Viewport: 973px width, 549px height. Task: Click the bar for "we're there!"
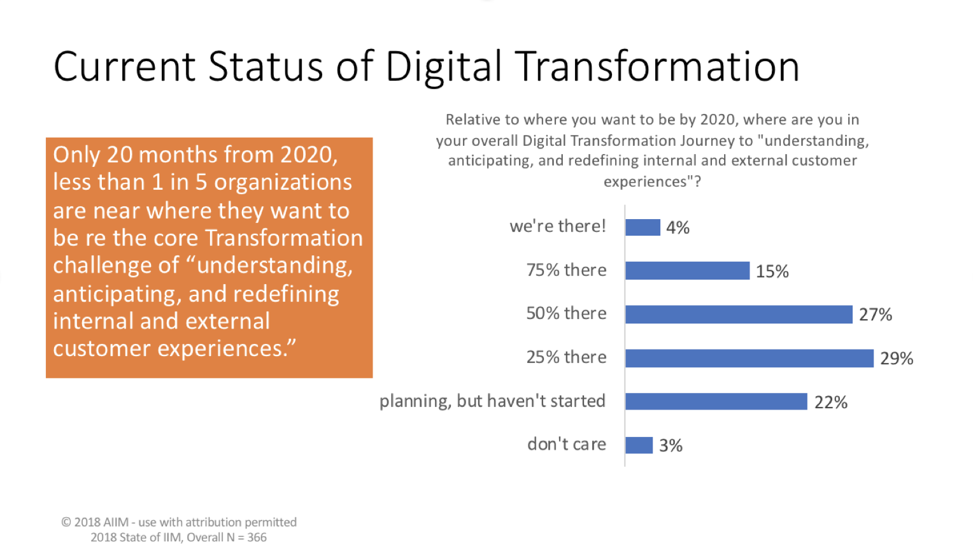(x=643, y=227)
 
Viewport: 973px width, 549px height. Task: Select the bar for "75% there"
(x=687, y=271)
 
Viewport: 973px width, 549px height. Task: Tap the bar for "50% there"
(x=739, y=315)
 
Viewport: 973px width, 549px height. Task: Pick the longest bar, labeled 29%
(x=749, y=359)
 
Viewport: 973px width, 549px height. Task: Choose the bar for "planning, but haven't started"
(x=716, y=402)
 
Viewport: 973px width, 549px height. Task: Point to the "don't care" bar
(x=639, y=445)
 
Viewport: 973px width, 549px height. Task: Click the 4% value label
(x=678, y=228)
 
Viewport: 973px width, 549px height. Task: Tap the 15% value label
(x=772, y=272)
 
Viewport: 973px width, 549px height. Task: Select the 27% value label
(x=875, y=315)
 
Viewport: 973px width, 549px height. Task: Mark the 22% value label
(x=830, y=403)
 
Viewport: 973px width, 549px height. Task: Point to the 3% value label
(x=671, y=446)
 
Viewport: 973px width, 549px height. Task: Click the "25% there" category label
(x=566, y=357)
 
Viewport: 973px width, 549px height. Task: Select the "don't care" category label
(x=566, y=445)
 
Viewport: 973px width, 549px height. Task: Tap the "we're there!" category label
(x=558, y=227)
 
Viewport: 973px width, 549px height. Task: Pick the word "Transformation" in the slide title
(x=657, y=66)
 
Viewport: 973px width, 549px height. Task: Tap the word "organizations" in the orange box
(x=283, y=183)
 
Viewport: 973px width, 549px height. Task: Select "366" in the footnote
(x=257, y=538)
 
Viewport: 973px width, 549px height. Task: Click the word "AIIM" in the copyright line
(x=115, y=522)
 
